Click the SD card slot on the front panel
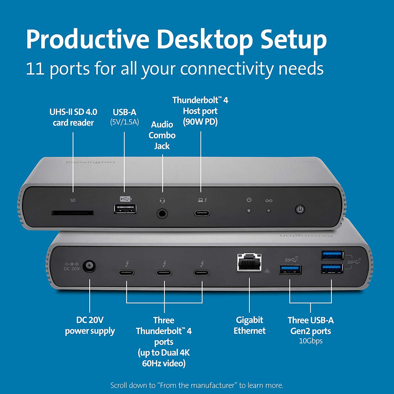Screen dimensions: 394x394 pos(73,213)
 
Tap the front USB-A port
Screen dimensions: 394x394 pos(125,209)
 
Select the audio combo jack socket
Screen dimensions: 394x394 pos(163,214)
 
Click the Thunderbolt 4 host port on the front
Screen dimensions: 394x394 pos(202,213)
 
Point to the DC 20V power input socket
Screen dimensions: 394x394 pos(89,266)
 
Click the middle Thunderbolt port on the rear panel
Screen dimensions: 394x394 pos(164,272)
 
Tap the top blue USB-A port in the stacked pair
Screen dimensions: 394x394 pos(332,255)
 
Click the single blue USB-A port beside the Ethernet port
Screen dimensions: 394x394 pos(290,269)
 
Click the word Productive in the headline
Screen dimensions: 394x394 pos(88,40)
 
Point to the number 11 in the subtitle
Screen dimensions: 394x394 pos(35,69)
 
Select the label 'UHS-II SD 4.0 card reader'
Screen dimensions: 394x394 pos(73,117)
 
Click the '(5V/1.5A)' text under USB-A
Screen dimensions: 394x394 pos(125,122)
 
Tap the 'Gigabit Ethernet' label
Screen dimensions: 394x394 pos(249,325)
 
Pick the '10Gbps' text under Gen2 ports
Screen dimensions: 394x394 pos(311,341)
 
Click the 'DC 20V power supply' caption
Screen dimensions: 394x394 pos(90,325)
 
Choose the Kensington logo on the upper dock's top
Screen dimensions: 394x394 pos(90,162)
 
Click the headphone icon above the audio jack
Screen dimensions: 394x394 pos(163,200)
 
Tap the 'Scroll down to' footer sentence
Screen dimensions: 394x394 pos(197,385)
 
